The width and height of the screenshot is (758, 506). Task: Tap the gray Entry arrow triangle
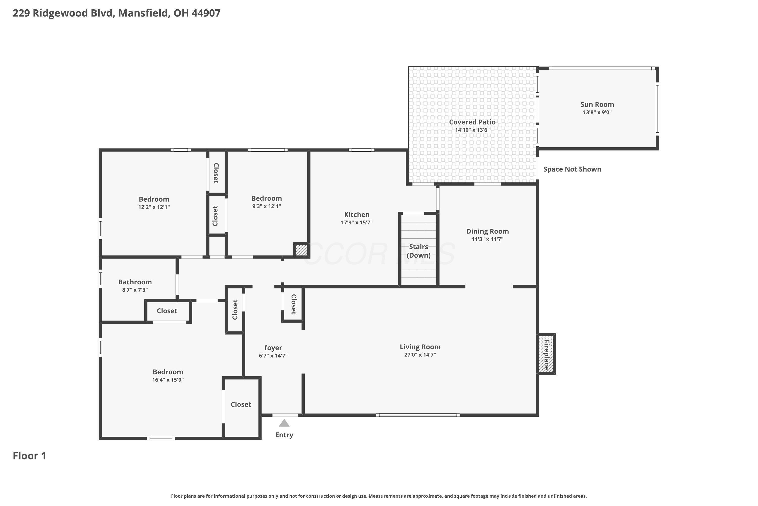point(284,423)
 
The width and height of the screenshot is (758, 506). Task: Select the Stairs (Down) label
point(419,251)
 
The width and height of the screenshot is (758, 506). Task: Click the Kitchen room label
point(357,215)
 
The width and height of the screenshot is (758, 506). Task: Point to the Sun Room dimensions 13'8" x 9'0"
point(597,112)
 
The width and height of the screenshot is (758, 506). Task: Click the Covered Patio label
point(472,122)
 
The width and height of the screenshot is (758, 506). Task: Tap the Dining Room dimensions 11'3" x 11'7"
point(487,239)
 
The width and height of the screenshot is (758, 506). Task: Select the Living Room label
point(420,347)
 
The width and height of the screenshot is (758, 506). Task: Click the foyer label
point(273,348)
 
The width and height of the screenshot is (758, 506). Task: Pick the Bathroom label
point(135,282)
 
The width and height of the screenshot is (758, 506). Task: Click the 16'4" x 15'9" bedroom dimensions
point(168,380)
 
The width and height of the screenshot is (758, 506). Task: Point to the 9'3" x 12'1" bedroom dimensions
point(267,206)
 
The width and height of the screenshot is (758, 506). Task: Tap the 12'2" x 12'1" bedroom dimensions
point(154,207)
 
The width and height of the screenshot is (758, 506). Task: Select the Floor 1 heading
point(30,456)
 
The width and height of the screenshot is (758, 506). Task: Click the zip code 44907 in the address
point(206,13)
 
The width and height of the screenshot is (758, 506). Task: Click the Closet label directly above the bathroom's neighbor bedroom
point(167,311)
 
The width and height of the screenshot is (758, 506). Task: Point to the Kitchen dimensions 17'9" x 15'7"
point(357,222)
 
